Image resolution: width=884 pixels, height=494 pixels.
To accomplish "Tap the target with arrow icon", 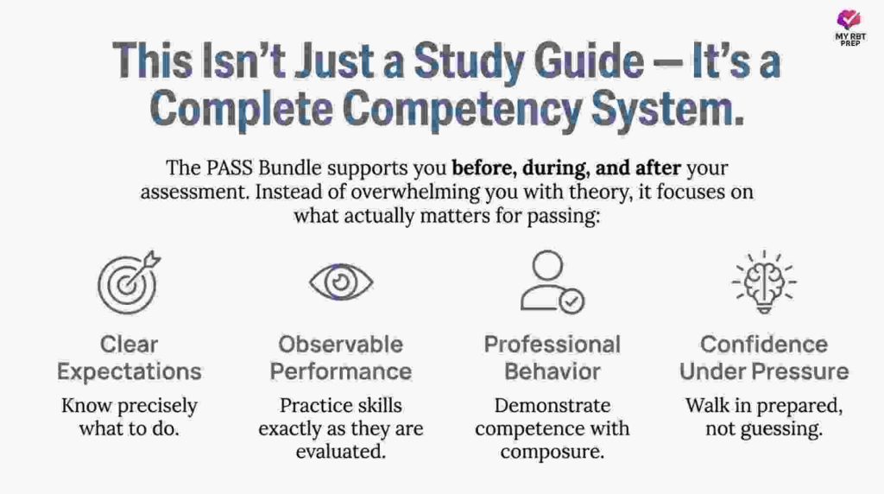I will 127,282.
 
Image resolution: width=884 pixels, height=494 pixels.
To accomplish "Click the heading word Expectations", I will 129,372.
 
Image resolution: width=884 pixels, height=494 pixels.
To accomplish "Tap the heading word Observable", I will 340,345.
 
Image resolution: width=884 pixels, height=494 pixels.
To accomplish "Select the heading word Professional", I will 552,345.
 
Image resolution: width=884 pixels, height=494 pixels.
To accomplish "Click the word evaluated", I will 341,450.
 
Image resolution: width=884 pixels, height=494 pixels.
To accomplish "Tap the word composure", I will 552,450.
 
